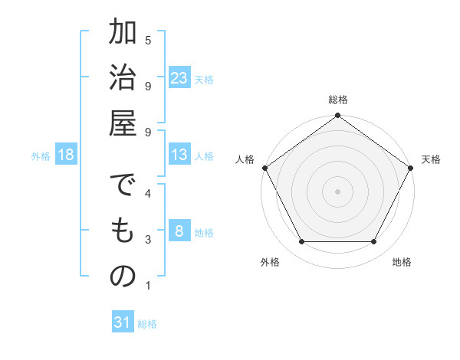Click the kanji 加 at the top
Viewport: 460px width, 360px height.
123,34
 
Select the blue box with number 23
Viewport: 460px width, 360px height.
179,78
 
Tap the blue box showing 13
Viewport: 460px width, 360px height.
179,155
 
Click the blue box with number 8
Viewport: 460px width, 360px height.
179,231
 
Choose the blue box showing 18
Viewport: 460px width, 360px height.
66,155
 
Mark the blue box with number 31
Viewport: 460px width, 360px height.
123,322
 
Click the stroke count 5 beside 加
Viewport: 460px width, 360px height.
148,39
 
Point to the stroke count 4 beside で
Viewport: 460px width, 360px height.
148,194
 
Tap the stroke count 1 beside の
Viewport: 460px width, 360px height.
148,286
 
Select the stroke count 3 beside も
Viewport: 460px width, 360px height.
148,240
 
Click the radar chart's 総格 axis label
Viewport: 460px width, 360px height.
337,100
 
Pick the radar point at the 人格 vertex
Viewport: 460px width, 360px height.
265,168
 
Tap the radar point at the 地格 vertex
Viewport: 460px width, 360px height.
374,242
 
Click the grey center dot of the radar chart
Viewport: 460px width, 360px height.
337,191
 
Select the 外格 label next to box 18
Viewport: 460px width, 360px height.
41,156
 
